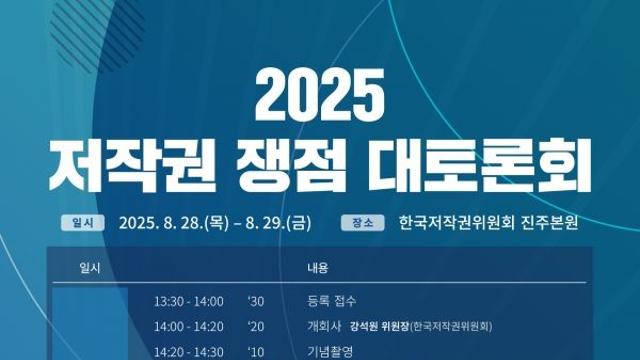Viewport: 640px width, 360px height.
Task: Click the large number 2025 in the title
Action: pyautogui.click(x=320, y=95)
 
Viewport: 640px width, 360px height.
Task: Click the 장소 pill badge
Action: pyautogui.click(x=366, y=222)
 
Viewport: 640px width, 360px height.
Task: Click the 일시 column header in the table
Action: pyautogui.click(x=89, y=269)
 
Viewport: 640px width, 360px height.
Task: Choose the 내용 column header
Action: pyautogui.click(x=317, y=269)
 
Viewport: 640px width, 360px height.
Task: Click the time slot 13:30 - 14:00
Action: pyautogui.click(x=189, y=300)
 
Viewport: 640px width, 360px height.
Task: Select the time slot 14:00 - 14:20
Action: pyautogui.click(x=189, y=325)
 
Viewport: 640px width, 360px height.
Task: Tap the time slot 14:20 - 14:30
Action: pyautogui.click(x=189, y=350)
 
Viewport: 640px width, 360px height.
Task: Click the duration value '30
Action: pyautogui.click(x=256, y=300)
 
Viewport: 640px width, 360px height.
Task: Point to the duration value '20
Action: pyautogui.click(x=256, y=325)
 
